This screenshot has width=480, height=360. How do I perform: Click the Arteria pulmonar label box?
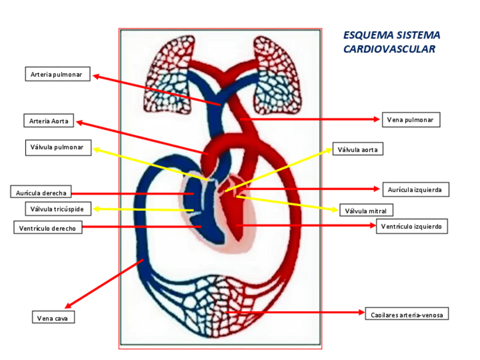(x=57, y=74)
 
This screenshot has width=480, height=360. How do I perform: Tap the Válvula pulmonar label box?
(x=57, y=148)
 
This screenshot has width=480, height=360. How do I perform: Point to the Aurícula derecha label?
(x=41, y=192)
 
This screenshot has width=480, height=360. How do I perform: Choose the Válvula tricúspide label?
(x=57, y=209)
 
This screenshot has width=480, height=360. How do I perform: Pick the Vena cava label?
(x=53, y=318)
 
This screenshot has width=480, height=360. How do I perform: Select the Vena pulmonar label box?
(x=410, y=119)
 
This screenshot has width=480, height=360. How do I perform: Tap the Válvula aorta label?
(x=358, y=149)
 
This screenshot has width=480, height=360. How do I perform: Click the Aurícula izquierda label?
(x=415, y=189)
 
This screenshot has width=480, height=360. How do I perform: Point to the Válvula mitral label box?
(x=366, y=211)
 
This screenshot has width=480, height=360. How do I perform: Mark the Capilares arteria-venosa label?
(x=407, y=313)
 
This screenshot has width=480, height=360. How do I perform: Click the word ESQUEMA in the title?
(x=367, y=35)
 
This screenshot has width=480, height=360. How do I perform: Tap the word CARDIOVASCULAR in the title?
(x=389, y=49)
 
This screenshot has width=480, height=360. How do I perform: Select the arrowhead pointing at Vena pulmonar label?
(x=376, y=119)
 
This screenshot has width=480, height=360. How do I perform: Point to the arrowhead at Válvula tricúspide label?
(x=96, y=209)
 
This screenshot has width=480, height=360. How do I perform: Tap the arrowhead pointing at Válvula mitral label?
(x=335, y=208)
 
